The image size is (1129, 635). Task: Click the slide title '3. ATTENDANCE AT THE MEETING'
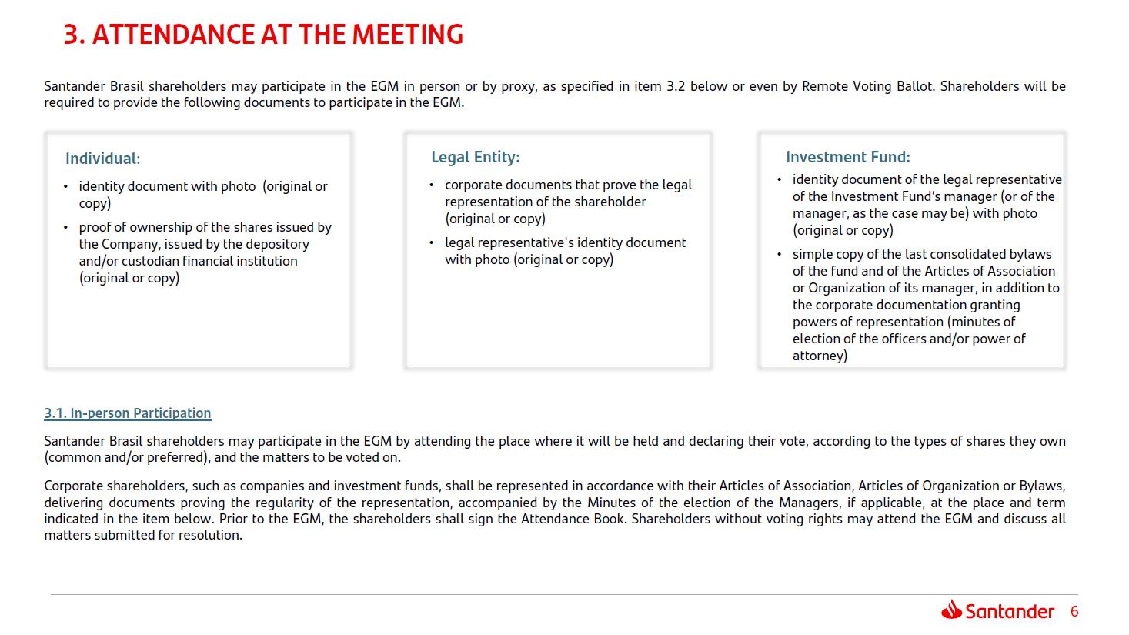263,35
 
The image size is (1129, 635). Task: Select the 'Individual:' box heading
102,159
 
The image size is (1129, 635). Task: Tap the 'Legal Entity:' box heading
475,157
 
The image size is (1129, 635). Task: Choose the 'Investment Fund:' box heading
847,157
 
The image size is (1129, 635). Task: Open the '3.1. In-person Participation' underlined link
127,413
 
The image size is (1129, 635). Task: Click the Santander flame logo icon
951,610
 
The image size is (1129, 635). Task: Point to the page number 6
1074,611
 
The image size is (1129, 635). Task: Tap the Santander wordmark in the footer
1009,611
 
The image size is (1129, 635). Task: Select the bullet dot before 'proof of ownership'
65,227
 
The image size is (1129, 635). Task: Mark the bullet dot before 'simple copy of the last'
779,254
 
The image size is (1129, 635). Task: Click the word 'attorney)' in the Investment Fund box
820,356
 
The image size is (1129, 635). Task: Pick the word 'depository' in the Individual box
277,244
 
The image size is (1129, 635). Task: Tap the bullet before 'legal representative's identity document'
431,242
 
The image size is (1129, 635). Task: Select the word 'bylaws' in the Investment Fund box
1030,254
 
